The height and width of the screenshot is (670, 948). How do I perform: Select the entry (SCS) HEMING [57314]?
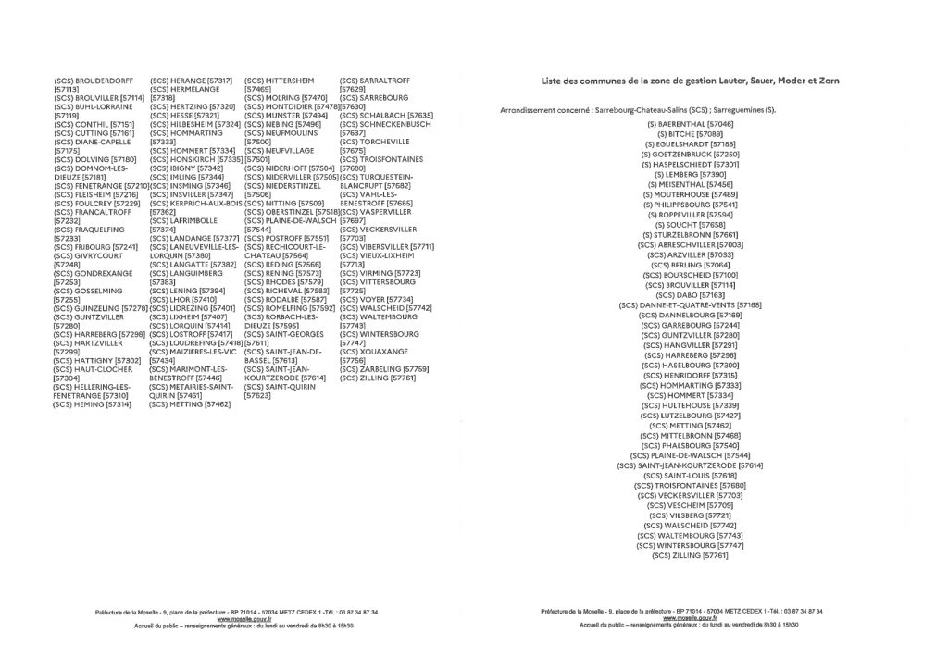pyautogui.click(x=93, y=404)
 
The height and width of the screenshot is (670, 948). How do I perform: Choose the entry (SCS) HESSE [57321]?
pyautogui.click(x=184, y=116)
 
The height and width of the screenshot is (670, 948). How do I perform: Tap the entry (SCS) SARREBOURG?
pyautogui.click(x=374, y=98)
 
